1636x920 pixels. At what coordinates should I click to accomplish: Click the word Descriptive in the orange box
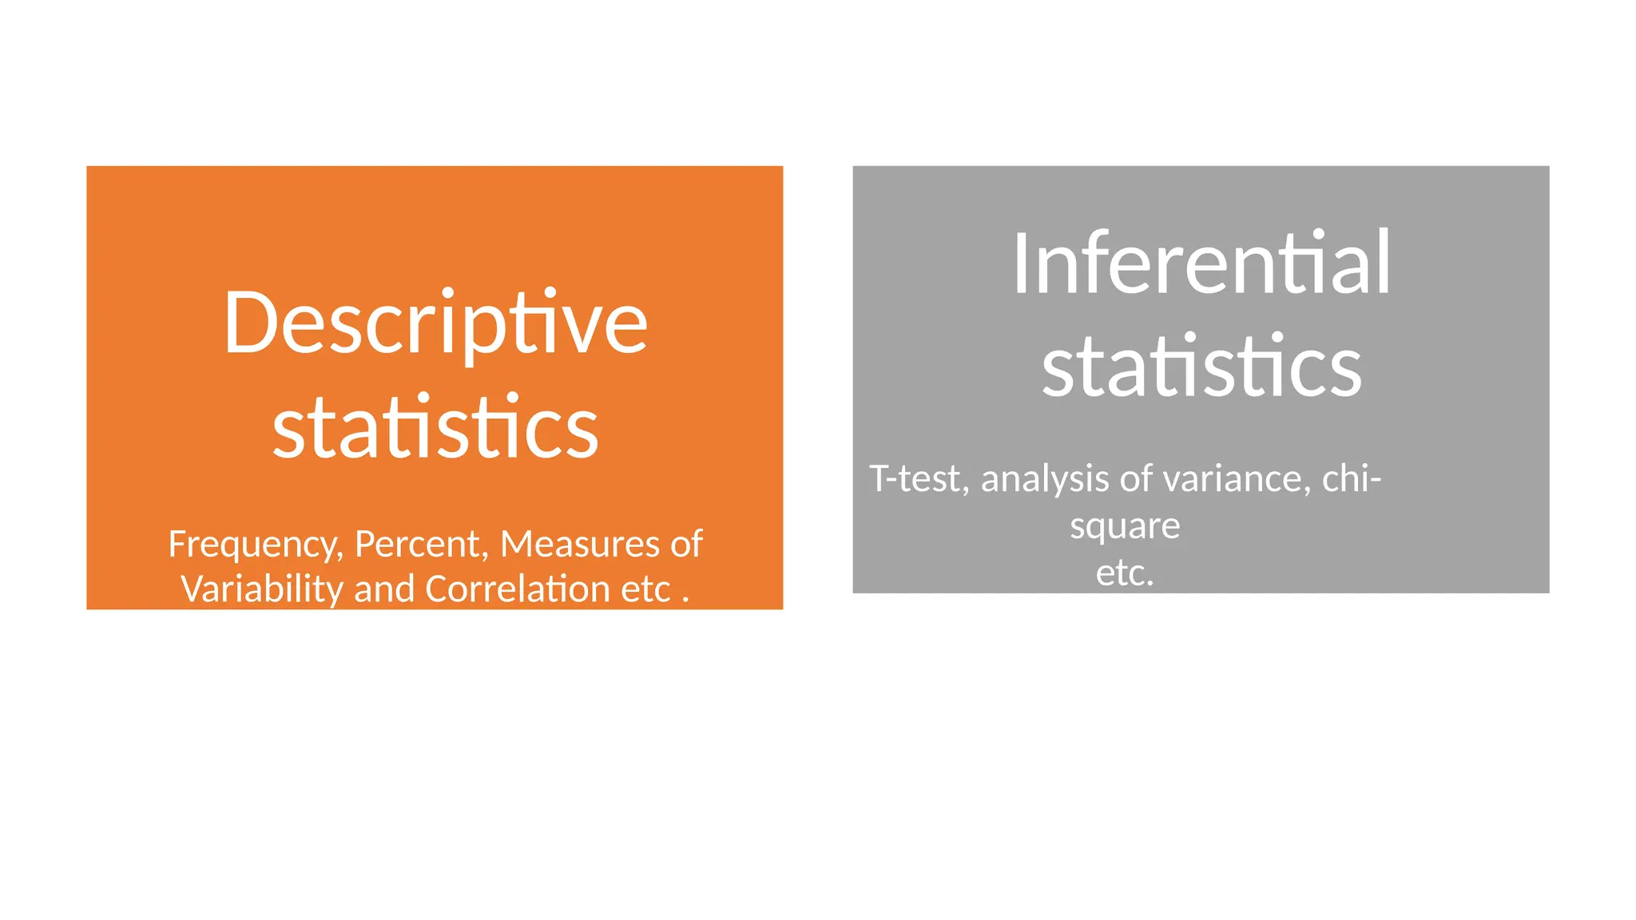pyautogui.click(x=435, y=323)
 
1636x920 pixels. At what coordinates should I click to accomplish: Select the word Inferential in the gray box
pyautogui.click(x=1201, y=264)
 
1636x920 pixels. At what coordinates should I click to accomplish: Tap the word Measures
pyautogui.click(x=580, y=544)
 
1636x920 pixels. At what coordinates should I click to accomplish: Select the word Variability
pyautogui.click(x=262, y=590)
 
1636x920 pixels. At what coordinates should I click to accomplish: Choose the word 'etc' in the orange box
pyautogui.click(x=646, y=590)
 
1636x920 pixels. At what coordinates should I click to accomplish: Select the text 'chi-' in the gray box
pyautogui.click(x=1352, y=478)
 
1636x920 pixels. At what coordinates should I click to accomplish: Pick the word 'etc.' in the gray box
pyautogui.click(x=1125, y=573)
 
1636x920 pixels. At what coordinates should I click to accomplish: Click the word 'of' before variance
pyautogui.click(x=1136, y=478)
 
